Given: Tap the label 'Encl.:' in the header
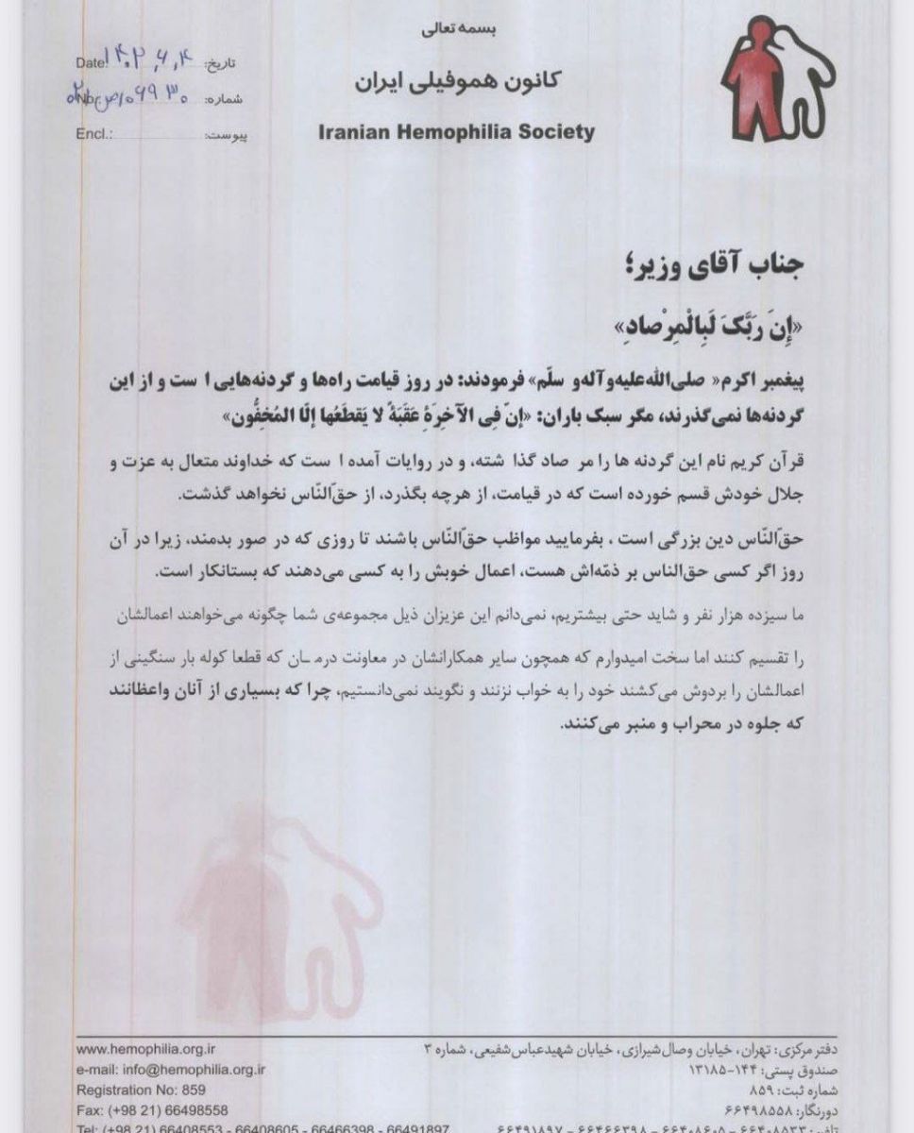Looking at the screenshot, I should [94, 133].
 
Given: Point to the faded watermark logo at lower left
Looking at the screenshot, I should [274, 906].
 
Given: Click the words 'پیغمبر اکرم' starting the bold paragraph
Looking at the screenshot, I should [773, 381].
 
